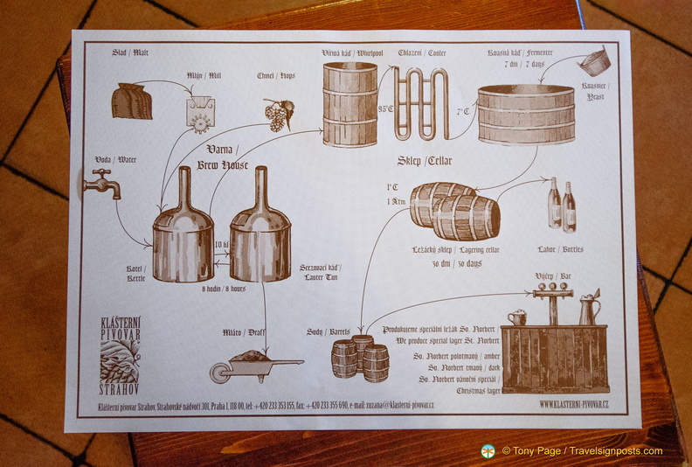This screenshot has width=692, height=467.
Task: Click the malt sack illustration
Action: [132, 101]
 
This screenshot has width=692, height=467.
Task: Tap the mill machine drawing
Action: [202, 112]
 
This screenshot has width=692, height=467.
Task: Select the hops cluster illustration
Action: [279, 115]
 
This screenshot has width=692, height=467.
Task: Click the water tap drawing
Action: [103, 184]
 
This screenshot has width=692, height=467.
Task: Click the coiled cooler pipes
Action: [420, 103]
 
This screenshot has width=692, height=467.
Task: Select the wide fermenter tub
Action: [526, 113]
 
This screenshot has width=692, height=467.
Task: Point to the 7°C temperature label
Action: [463, 111]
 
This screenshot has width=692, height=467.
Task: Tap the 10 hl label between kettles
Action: [222, 247]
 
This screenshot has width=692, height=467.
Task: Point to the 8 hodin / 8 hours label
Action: [223, 289]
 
